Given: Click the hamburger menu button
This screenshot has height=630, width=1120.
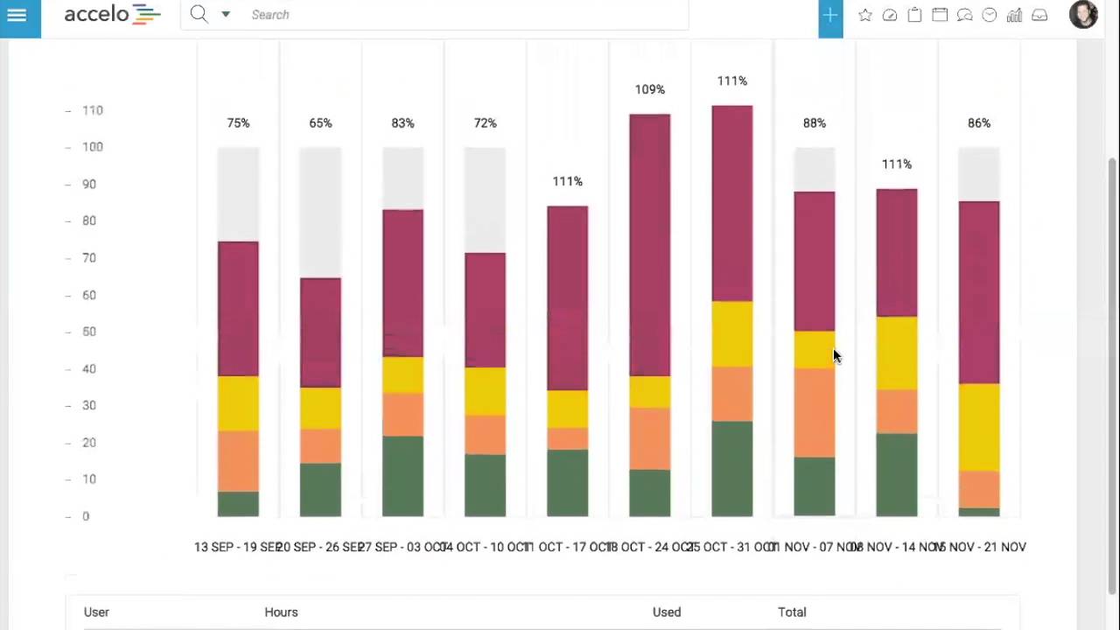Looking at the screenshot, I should click(17, 15).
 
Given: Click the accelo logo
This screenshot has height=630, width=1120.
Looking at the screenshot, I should click(112, 15).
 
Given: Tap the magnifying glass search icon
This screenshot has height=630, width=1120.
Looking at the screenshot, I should click(199, 14).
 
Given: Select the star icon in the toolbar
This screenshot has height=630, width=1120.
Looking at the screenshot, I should click(864, 15).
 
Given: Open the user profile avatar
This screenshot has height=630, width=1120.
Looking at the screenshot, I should click(1083, 15).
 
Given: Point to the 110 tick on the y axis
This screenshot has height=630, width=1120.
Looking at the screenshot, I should click(92, 110).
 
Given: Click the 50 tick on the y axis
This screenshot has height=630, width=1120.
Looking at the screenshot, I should click(88, 332).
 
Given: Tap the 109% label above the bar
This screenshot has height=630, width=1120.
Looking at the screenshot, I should click(649, 89).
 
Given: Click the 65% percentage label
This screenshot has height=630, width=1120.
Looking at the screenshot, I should click(320, 123).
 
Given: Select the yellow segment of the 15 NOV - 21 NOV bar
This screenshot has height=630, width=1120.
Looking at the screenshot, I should click(978, 427).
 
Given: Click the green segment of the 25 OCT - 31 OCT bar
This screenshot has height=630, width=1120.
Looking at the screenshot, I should click(731, 469).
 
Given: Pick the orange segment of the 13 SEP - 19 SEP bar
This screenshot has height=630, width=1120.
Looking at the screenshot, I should click(238, 461).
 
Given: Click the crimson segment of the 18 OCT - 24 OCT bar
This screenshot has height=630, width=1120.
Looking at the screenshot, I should click(649, 245).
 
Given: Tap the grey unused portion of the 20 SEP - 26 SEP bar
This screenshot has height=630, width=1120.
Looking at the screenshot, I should click(320, 212).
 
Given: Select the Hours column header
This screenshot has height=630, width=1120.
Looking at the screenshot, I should click(281, 612).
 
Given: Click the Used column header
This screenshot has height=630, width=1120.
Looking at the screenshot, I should click(666, 612).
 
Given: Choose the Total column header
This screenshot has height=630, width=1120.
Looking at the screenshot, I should click(792, 612).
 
